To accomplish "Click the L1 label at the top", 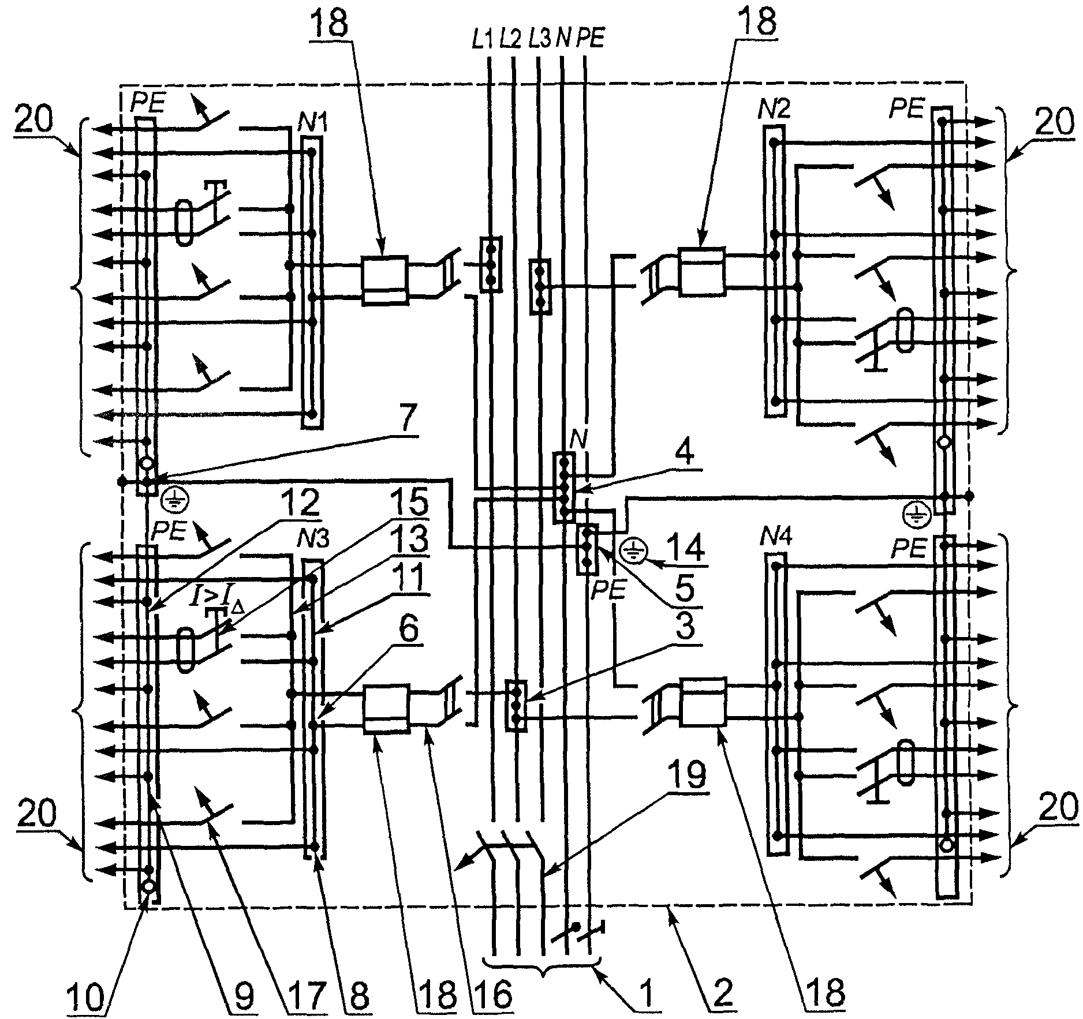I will (x=482, y=40).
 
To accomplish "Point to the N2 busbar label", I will (x=775, y=109).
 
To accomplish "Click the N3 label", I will (x=313, y=540).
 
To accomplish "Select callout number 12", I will (x=303, y=504).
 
